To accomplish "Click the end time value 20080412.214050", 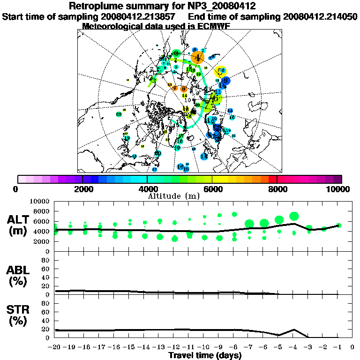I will (x=320, y=16).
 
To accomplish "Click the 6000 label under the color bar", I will (x=212, y=189).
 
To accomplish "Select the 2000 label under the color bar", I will (x=82, y=189).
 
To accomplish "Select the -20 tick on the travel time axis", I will (x=55, y=347).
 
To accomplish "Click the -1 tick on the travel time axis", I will (x=337, y=347).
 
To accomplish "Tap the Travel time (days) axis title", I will (x=205, y=356).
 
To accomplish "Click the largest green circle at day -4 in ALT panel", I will (x=294, y=216).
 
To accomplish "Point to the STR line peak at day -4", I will (x=294, y=329).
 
